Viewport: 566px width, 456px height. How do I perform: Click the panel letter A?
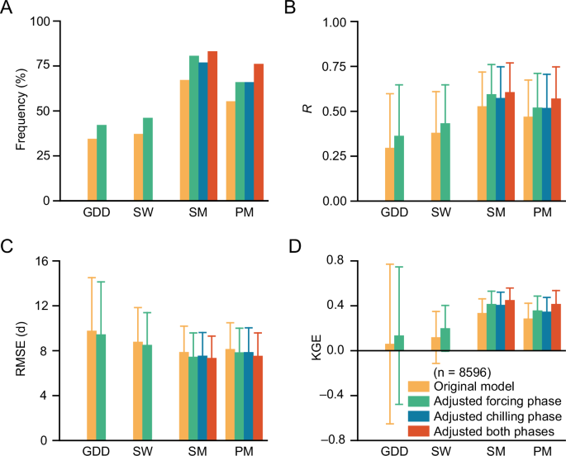click(x=7, y=7)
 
